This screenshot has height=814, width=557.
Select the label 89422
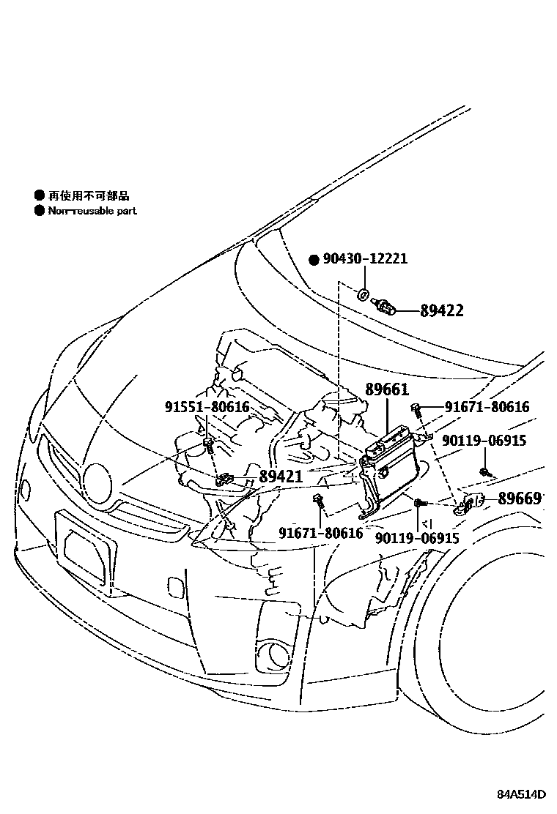(x=442, y=311)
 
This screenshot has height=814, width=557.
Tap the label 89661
(x=387, y=390)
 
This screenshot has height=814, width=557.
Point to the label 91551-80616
(x=207, y=407)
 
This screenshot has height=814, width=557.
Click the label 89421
(x=281, y=477)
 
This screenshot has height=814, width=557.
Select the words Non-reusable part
(x=92, y=211)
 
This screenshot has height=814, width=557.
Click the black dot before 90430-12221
(x=314, y=260)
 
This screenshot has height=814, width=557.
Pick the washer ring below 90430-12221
(x=364, y=295)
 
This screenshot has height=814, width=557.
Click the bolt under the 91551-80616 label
(x=209, y=444)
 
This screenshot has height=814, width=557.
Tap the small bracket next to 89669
(x=471, y=503)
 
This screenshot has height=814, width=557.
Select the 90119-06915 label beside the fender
(x=483, y=440)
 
